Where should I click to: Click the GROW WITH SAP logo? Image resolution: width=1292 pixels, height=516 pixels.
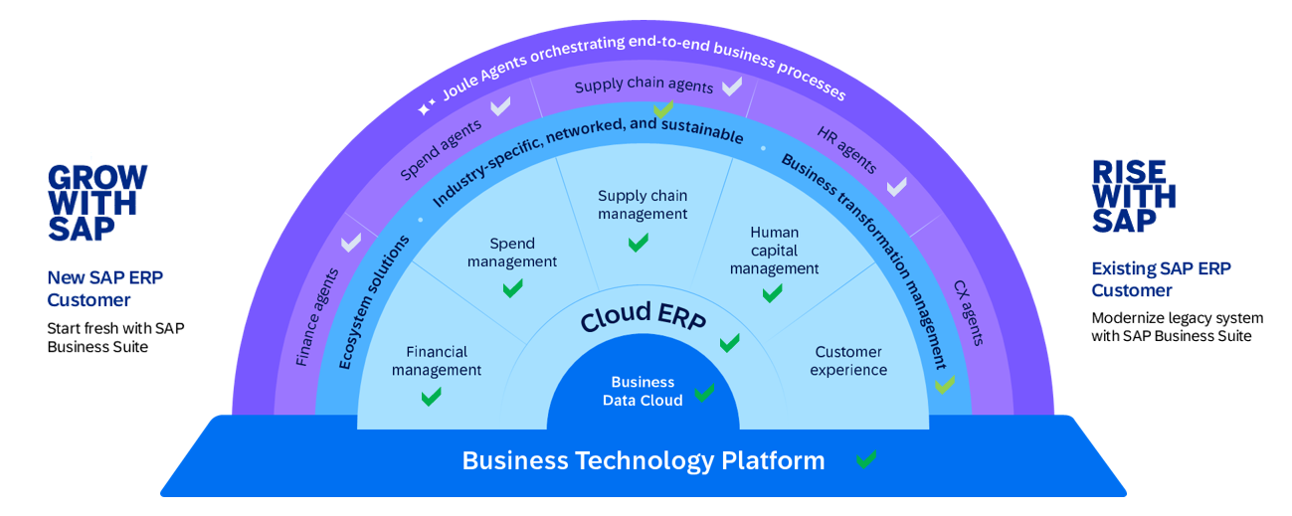click(x=97, y=203)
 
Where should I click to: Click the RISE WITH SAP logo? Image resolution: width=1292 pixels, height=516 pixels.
click(x=1134, y=197)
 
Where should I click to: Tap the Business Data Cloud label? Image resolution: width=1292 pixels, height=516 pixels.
click(x=643, y=392)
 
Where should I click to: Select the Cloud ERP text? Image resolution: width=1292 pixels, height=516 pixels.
click(x=643, y=318)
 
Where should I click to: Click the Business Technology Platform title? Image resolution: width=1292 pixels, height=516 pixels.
click(x=644, y=461)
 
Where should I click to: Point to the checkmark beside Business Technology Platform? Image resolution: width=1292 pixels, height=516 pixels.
click(x=866, y=459)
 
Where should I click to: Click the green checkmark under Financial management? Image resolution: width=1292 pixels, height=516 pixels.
click(x=431, y=397)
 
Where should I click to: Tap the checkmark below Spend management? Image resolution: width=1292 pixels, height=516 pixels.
click(x=512, y=288)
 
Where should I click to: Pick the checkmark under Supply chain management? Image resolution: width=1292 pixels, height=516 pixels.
click(x=639, y=242)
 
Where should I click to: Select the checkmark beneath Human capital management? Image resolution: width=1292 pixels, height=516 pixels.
click(x=772, y=293)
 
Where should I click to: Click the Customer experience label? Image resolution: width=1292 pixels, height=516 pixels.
click(x=848, y=361)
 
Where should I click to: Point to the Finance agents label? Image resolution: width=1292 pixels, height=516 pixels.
click(x=317, y=317)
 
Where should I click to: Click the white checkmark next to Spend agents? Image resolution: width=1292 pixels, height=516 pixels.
click(x=500, y=105)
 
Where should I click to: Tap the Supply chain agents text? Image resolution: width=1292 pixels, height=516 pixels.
click(x=644, y=86)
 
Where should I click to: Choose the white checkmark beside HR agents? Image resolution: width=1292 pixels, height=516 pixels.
click(x=896, y=186)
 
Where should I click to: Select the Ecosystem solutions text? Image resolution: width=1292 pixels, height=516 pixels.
click(x=373, y=301)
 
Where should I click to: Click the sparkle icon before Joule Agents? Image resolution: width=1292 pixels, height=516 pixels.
click(x=426, y=106)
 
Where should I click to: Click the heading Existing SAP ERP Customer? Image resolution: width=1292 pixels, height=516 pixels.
click(x=1161, y=279)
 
